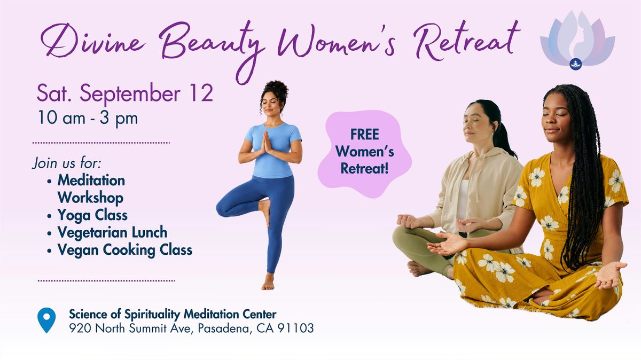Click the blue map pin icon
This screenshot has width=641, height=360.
(x=46, y=320)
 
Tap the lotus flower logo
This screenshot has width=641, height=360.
(x=577, y=40)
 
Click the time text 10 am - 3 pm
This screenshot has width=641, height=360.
(x=88, y=118)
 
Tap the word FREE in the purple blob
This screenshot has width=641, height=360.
(x=364, y=135)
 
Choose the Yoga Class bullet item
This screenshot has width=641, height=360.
(x=92, y=215)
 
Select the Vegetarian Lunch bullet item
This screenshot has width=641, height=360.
(x=112, y=232)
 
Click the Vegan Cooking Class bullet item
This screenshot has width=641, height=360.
(x=125, y=250)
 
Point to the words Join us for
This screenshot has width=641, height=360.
(x=67, y=163)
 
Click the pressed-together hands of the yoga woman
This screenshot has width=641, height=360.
(x=267, y=142)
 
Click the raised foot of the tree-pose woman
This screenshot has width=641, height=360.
(x=265, y=211)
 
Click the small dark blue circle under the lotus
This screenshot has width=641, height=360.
(x=575, y=64)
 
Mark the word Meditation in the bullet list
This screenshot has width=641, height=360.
(x=91, y=181)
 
